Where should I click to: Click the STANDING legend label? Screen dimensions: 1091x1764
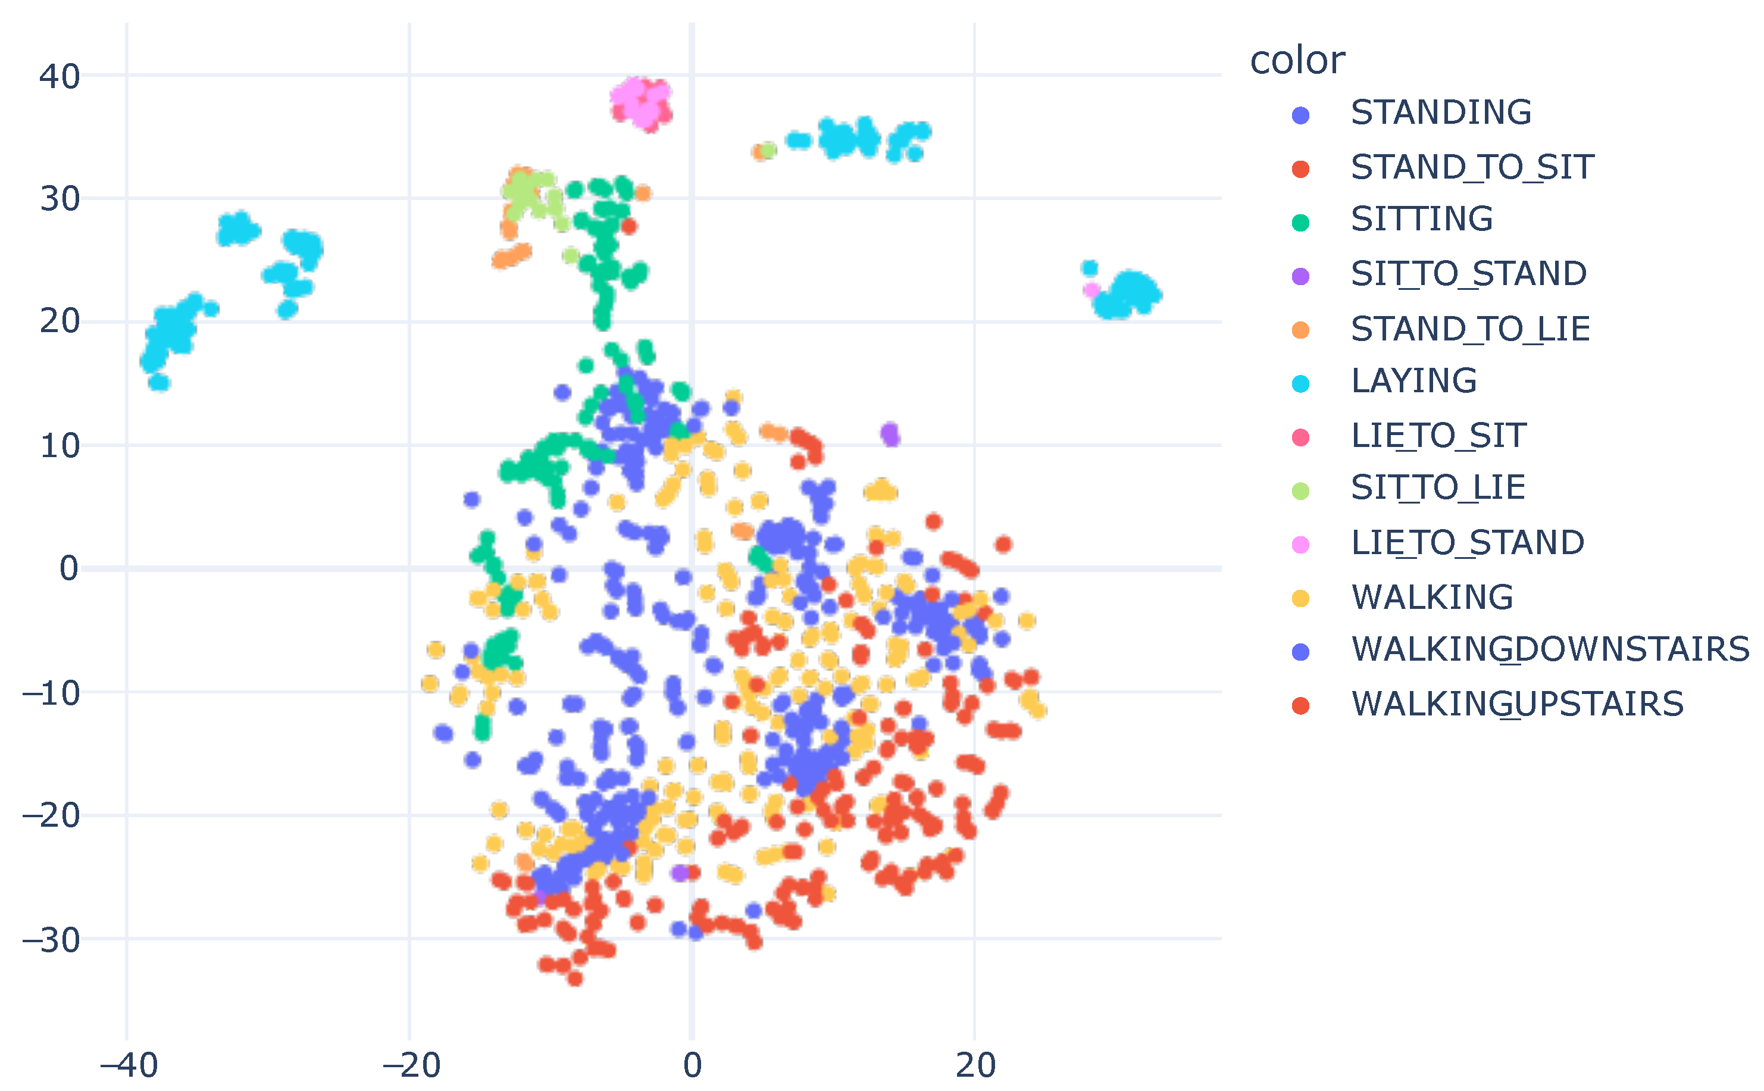point(1440,112)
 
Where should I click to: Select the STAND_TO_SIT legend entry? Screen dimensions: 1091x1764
point(1472,167)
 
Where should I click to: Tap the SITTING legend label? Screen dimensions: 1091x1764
point(1421,220)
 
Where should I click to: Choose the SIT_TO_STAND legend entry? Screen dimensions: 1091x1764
point(1468,274)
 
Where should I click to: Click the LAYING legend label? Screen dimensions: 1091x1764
point(1413,381)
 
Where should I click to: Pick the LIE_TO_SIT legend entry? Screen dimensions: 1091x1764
point(1438,436)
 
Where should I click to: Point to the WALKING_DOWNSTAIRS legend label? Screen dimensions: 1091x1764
point(1550,649)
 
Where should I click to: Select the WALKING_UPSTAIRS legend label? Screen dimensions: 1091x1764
point(1517,704)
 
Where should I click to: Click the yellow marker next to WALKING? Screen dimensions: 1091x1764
point(1300,598)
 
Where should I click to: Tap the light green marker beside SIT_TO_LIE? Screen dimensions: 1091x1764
point(1300,490)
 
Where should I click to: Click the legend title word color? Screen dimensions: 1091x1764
point(1296,61)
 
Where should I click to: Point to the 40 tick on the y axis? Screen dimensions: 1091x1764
point(59,77)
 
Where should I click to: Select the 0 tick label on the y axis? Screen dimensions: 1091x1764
point(68,568)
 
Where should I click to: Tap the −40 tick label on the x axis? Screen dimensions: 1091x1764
point(128,1065)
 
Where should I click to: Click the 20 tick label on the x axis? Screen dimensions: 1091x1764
point(975,1065)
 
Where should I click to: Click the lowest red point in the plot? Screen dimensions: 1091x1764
point(574,979)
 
